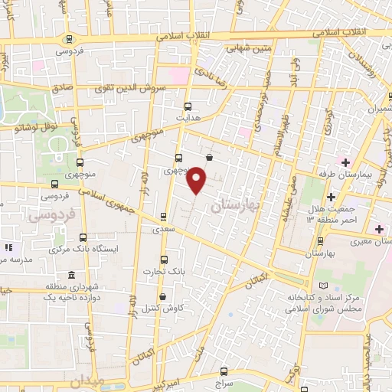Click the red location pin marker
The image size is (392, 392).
tap(198, 179)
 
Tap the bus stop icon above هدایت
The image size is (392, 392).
tap(188, 107)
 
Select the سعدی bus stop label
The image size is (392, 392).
tap(162, 229)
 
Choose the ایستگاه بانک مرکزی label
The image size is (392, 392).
tap(76, 250)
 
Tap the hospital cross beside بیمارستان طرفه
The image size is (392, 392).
tap(345, 162)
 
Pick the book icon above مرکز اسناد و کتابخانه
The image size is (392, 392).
tap(312, 284)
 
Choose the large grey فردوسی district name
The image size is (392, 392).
tap(50, 217)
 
